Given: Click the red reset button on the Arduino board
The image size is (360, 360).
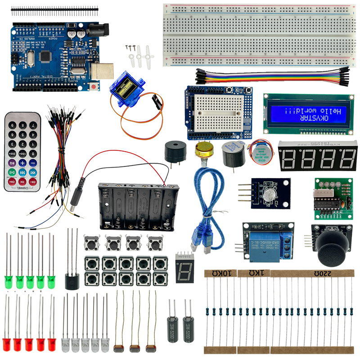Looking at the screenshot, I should (x=94, y=85).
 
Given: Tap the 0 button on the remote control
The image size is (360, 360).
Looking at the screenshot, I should (x=33, y=144).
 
